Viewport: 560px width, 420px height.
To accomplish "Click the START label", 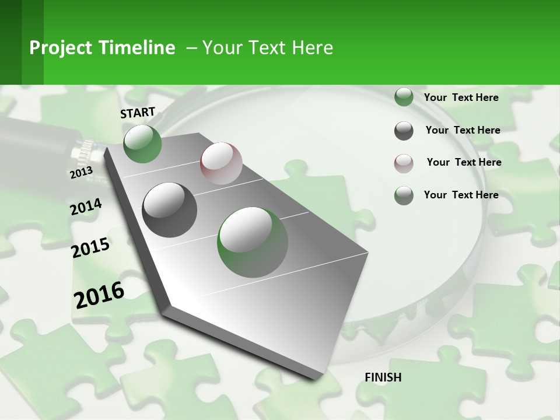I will tap(138, 113).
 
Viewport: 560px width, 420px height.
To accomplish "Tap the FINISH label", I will tap(383, 377).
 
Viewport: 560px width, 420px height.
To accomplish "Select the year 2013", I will tap(81, 172).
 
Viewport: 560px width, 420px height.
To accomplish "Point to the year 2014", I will tap(86, 206).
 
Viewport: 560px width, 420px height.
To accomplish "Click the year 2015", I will tap(90, 248).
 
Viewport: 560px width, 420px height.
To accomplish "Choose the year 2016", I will tap(99, 295).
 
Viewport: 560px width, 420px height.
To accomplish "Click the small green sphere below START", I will tap(142, 143).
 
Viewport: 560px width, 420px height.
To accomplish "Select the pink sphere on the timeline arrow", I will tap(221, 163).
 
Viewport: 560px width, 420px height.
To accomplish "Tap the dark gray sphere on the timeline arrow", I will tap(170, 210).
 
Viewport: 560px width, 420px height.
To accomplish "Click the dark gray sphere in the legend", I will tap(404, 131).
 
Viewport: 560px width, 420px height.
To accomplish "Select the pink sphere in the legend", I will tap(404, 163).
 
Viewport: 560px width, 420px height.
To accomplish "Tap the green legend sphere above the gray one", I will tap(404, 97).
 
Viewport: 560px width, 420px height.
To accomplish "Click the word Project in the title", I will tap(58, 48).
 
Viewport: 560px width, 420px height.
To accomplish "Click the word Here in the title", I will tap(312, 48).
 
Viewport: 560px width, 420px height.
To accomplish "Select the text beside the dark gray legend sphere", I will tap(463, 130).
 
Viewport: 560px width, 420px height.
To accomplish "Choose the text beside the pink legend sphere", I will tap(464, 162).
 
